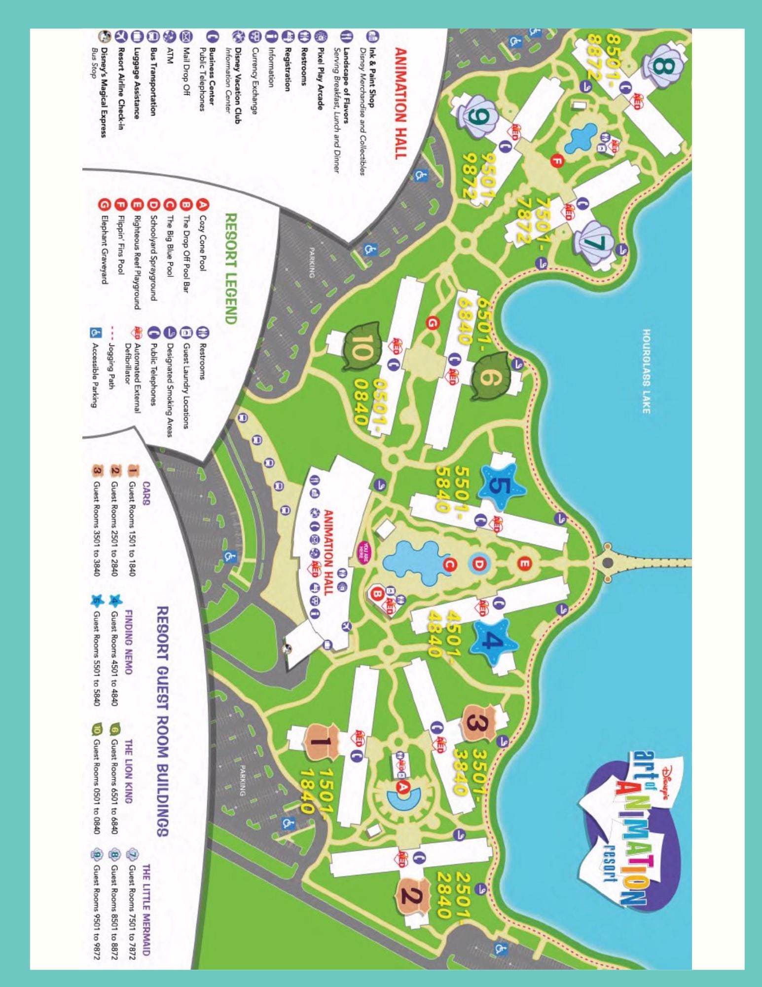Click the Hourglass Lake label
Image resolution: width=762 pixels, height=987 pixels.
(647, 371)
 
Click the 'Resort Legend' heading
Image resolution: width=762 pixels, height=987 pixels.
(230, 268)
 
